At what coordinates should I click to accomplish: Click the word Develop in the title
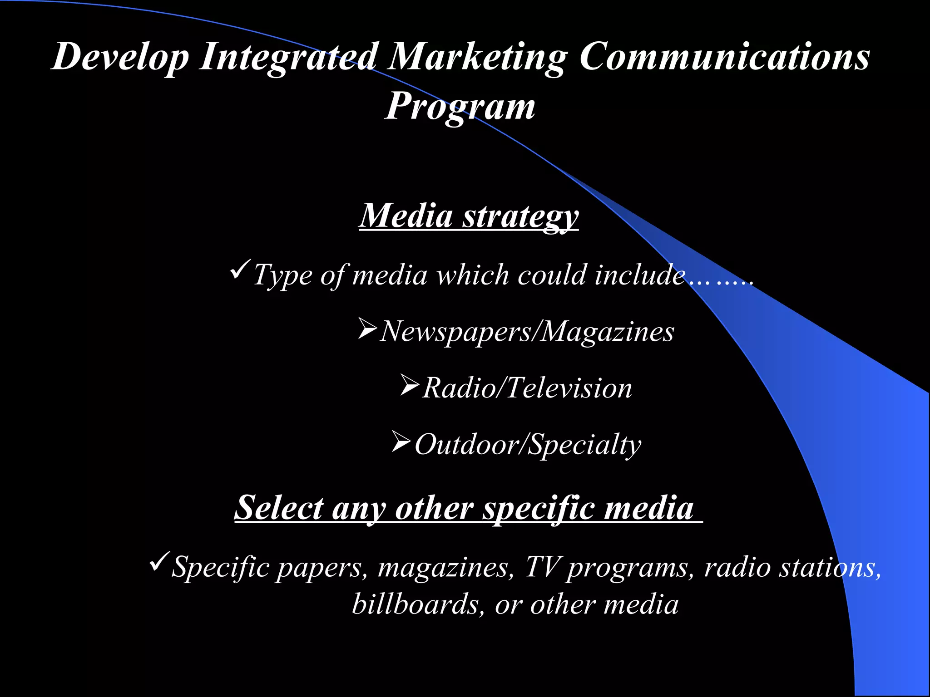(120, 57)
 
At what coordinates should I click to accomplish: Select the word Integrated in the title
(289, 57)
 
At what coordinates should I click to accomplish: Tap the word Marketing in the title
(477, 57)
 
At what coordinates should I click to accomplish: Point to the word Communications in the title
(724, 56)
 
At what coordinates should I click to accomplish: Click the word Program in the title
(460, 107)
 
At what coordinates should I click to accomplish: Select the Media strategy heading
(469, 216)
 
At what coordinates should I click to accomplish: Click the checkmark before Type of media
(239, 270)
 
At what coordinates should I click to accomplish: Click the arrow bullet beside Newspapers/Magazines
(367, 328)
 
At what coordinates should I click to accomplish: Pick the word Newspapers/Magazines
(527, 332)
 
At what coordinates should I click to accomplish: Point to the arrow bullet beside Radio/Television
(410, 385)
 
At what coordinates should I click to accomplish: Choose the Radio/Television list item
(527, 388)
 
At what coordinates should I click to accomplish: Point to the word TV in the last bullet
(543, 567)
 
